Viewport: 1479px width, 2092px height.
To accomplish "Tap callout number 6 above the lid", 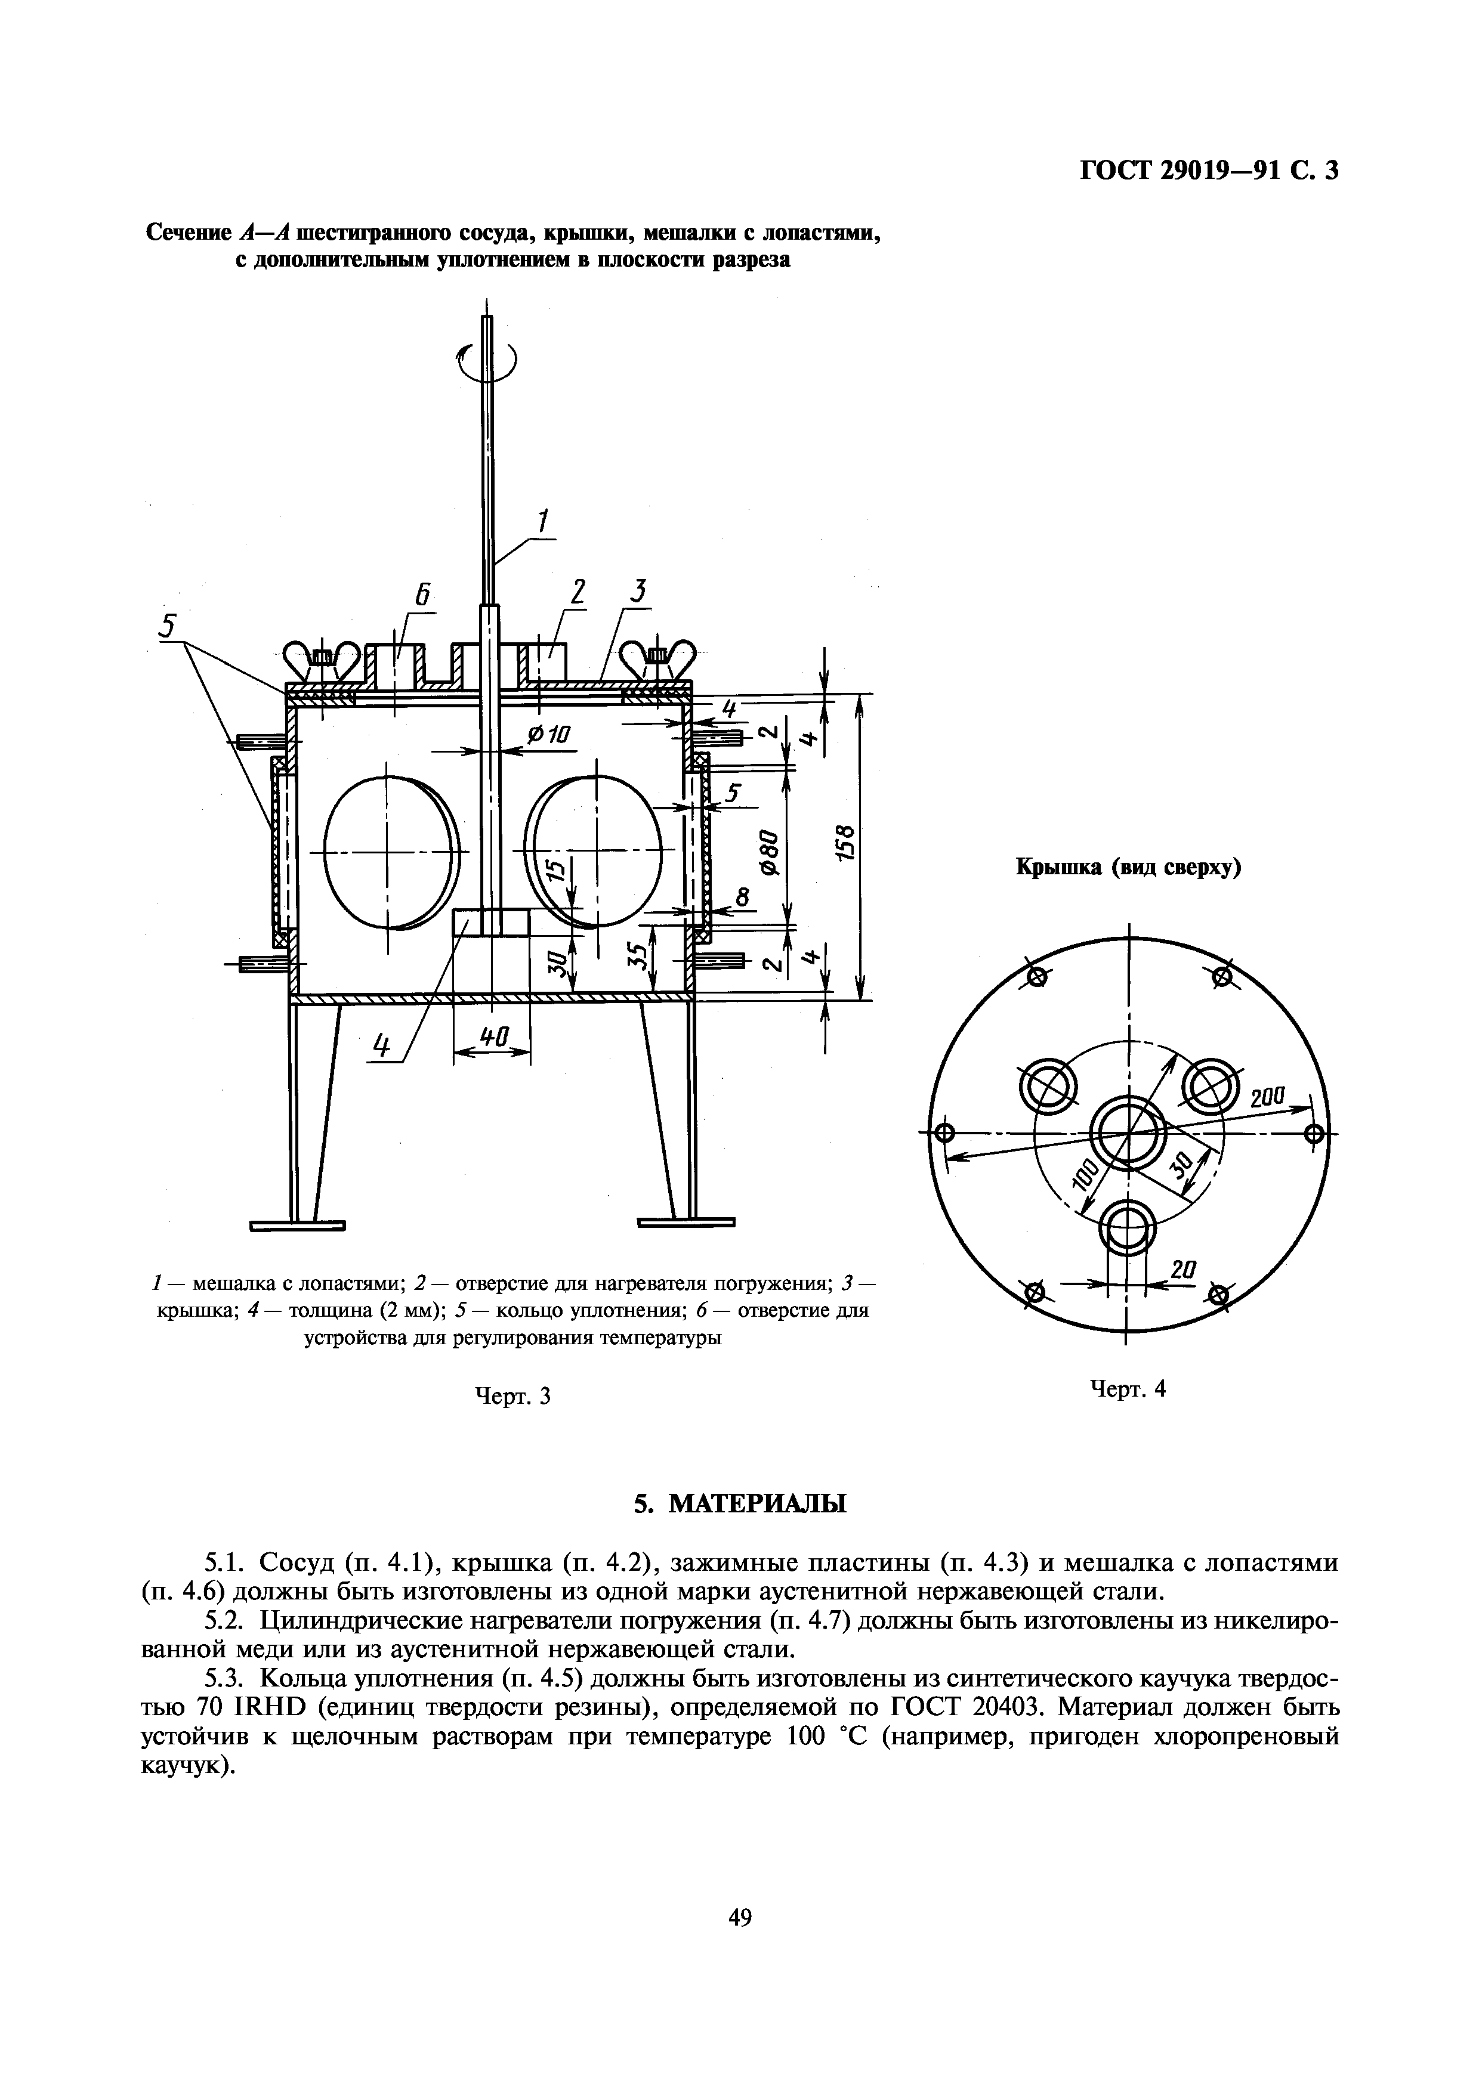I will click(422, 595).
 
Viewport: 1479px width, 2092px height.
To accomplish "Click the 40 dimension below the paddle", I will click(492, 1035).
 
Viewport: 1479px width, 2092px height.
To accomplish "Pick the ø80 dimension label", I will click(771, 852).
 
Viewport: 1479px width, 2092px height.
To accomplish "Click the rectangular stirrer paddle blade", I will click(491, 922).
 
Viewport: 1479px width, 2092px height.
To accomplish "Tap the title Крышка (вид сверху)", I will click(1129, 868).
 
